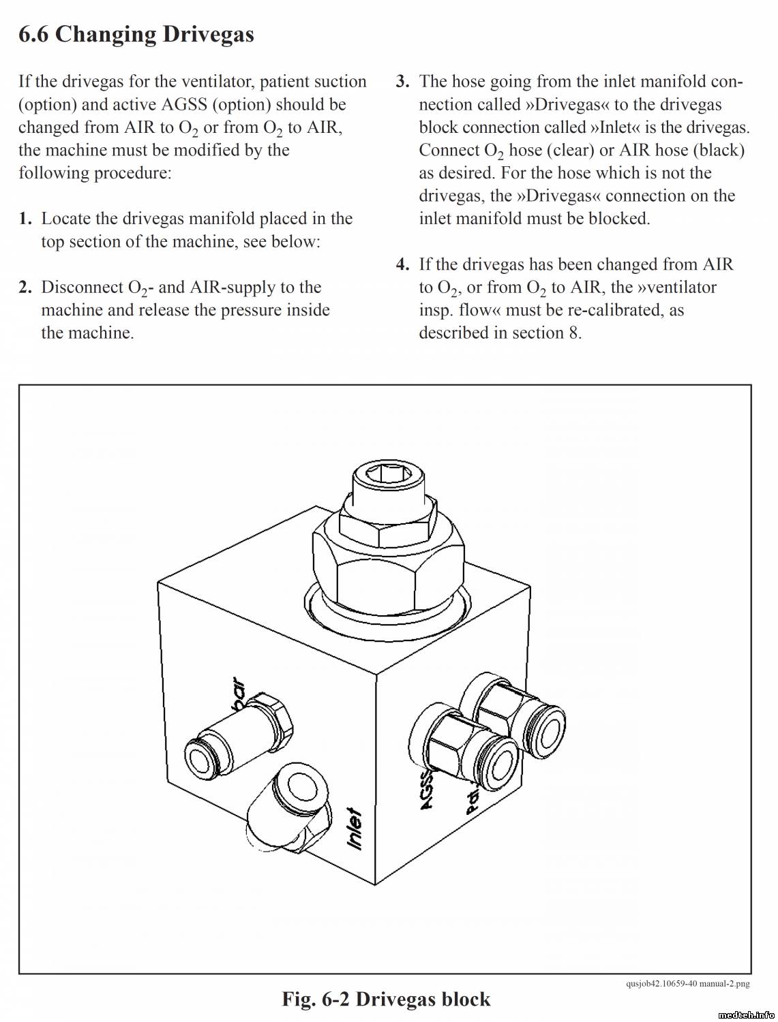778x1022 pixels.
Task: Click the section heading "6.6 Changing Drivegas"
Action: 136,34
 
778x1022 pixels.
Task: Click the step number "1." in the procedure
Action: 25,219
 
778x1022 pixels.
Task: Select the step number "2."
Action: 25,288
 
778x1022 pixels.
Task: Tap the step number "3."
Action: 403,82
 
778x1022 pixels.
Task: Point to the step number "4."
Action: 403,264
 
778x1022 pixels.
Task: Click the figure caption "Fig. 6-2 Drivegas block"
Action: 386,999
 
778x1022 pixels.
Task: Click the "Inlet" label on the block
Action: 355,828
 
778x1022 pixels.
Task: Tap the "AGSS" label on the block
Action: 426,790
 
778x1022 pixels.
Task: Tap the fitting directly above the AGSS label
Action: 470,749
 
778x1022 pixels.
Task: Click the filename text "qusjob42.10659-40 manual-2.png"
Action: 687,983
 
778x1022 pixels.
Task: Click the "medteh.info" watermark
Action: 745,1015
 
